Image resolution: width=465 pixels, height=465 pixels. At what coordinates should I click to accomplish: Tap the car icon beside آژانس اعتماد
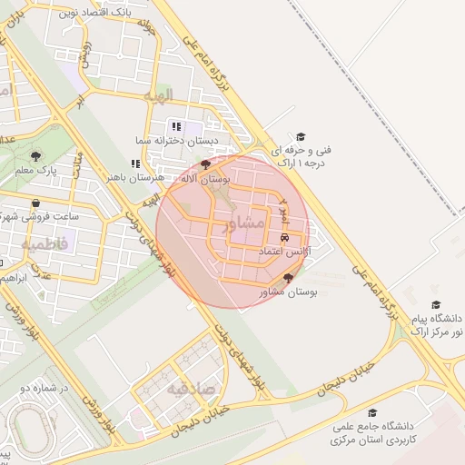(x=285, y=236)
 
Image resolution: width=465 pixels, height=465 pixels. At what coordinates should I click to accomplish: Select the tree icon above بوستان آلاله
(x=206, y=164)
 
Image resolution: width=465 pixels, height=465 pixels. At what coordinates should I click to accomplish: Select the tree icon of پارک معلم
(x=35, y=155)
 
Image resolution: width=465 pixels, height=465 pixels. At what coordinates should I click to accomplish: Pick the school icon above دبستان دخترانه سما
(x=176, y=126)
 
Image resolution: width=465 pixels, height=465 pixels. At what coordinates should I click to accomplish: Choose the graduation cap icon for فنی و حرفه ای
(x=301, y=136)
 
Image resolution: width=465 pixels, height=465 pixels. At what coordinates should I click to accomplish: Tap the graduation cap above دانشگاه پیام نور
(x=436, y=305)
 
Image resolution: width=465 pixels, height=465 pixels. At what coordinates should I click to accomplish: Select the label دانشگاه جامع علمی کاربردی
(x=372, y=432)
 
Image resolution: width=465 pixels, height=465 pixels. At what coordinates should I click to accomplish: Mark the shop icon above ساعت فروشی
(x=35, y=203)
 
